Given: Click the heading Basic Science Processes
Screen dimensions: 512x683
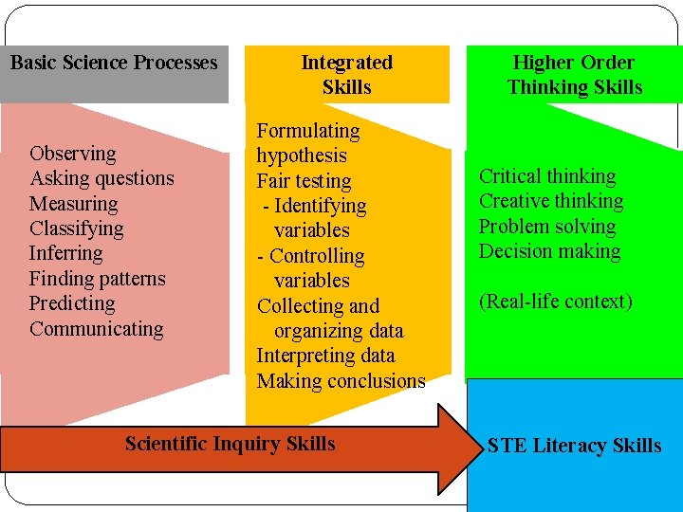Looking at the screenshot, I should click(x=114, y=64).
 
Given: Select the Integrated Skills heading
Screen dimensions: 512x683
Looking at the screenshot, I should click(x=346, y=75).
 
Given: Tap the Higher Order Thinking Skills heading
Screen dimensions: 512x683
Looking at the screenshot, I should click(x=574, y=75).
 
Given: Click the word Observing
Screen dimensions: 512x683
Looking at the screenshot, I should click(x=73, y=154).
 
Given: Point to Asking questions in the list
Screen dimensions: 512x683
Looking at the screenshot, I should click(x=102, y=178).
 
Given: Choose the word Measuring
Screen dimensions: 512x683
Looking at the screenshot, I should click(x=74, y=204).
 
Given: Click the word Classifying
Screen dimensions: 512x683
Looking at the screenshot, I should click(x=76, y=229).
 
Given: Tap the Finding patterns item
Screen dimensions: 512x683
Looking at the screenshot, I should click(x=97, y=279).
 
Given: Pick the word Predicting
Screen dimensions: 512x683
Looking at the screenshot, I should click(x=72, y=303).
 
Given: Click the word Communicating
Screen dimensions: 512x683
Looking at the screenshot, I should click(x=96, y=329).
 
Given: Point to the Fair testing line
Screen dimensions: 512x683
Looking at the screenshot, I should click(x=304, y=181).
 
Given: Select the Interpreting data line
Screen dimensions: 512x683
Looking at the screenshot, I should click(x=325, y=356).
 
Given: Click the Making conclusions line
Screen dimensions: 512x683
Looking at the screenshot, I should click(x=341, y=381).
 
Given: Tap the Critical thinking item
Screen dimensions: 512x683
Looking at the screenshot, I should click(x=547, y=176).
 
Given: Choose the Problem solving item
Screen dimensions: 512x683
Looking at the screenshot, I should click(x=547, y=227).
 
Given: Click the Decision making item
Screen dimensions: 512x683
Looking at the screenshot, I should click(x=549, y=251).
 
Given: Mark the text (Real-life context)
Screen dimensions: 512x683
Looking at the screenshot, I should click(x=555, y=302).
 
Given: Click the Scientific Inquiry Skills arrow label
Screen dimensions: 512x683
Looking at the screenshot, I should click(x=230, y=444).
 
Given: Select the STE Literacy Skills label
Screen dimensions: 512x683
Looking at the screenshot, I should click(x=574, y=446).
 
